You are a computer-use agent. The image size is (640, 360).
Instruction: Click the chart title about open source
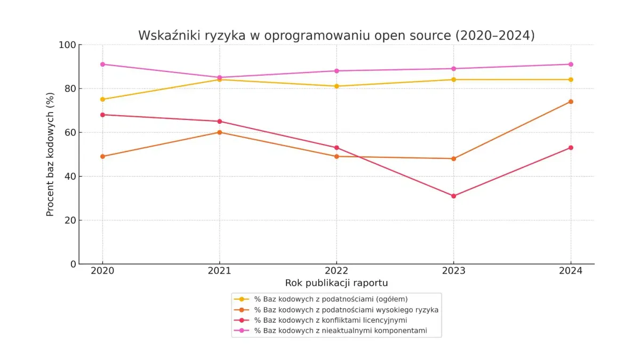[336, 35]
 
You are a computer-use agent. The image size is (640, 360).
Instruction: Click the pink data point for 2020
[102, 64]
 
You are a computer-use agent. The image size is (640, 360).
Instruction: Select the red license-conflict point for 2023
[453, 196]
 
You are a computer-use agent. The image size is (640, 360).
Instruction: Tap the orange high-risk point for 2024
[571, 101]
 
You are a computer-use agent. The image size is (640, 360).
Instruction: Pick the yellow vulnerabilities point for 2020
[102, 99]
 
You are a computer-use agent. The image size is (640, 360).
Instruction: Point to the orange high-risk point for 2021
[219, 132]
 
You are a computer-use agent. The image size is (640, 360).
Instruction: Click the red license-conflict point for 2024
[571, 148]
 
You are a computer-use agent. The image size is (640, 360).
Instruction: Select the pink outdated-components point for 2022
[337, 71]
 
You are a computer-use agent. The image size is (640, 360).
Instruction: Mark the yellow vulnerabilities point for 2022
[337, 86]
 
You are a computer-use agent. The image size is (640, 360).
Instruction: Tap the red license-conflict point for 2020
[102, 115]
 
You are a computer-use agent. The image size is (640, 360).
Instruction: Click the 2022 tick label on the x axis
[337, 271]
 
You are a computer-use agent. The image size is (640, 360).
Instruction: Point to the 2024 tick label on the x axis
[571, 271]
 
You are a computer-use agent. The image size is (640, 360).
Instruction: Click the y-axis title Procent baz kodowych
[50, 154]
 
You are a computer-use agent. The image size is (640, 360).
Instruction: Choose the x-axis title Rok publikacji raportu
[336, 283]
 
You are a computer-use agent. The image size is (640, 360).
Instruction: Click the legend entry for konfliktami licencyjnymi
[331, 320]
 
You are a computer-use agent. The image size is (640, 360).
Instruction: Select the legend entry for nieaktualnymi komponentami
[340, 331]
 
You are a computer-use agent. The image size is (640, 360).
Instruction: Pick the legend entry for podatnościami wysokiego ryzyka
[346, 309]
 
